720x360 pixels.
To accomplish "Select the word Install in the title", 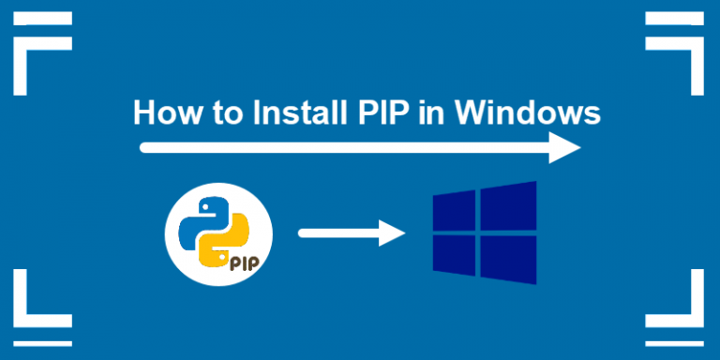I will click(292, 113).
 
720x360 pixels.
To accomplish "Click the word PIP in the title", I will click(383, 113).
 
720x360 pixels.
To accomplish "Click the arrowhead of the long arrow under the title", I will click(565, 147).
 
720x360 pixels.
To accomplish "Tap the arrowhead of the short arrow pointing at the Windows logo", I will click(394, 232).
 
